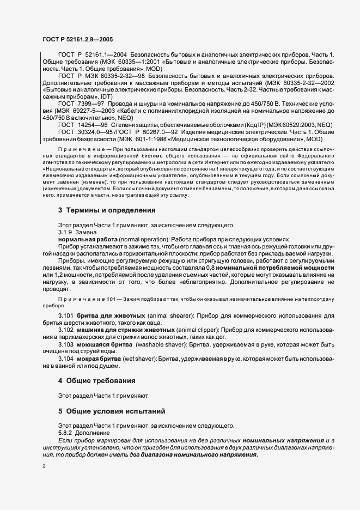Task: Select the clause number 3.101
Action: [66, 315]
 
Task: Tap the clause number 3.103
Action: [66, 345]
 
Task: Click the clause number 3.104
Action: [66, 360]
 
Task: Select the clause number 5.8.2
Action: [66, 432]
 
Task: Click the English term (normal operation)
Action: [130, 239]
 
